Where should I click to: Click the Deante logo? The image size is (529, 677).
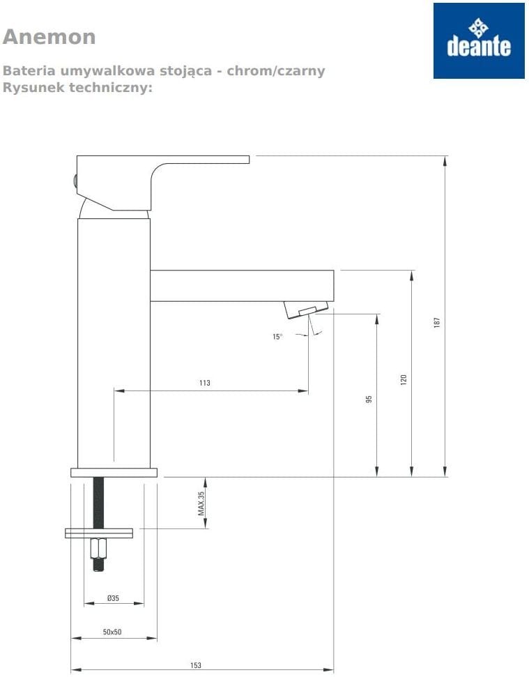click(479, 40)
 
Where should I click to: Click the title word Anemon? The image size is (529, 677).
click(49, 37)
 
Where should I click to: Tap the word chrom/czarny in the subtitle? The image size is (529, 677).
click(276, 70)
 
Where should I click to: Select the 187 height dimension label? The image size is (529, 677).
click(437, 323)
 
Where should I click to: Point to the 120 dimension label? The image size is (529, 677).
click(404, 379)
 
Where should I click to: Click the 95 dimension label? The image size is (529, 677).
click(369, 399)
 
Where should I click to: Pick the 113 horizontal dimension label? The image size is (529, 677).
click(204, 383)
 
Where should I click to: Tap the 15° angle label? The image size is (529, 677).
click(277, 337)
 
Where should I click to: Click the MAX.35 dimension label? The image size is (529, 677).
click(201, 503)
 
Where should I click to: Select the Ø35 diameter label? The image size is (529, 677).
click(113, 598)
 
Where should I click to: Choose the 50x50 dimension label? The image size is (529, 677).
click(112, 632)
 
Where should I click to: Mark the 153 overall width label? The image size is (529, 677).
click(196, 665)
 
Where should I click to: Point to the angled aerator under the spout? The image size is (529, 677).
click(306, 310)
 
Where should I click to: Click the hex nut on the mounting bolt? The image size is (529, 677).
click(99, 548)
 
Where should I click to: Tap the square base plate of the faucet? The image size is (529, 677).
click(114, 472)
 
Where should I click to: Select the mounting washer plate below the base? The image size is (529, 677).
click(99, 533)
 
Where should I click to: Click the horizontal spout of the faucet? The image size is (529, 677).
click(242, 285)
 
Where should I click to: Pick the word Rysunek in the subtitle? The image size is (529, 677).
click(33, 87)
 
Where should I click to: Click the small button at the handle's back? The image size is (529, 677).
click(75, 180)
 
